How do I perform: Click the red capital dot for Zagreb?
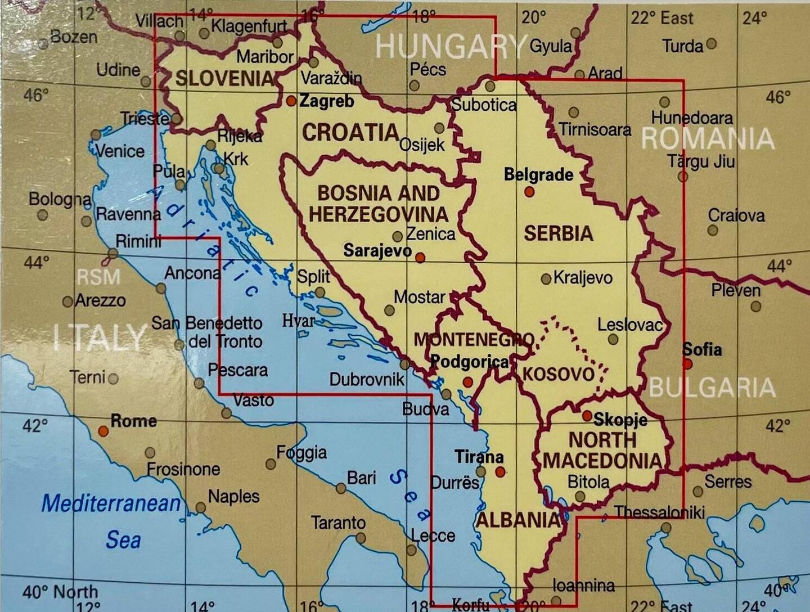(291, 101)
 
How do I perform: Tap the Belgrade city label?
(538, 175)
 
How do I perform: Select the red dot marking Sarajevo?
(420, 258)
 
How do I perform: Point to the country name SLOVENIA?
(224, 78)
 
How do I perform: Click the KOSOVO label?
(559, 373)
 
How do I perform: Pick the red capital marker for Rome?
(103, 431)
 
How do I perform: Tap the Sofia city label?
(701, 349)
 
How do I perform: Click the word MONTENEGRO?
(474, 340)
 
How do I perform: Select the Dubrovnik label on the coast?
(367, 379)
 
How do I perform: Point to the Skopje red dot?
(587, 416)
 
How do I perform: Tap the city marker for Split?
(320, 292)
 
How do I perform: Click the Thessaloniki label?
(659, 512)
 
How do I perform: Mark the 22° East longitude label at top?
(661, 18)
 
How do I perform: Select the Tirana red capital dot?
(500, 471)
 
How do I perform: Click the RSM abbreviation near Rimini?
(98, 277)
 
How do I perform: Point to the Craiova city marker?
(713, 230)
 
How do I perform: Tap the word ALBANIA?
(518, 520)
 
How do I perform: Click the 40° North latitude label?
(60, 592)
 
